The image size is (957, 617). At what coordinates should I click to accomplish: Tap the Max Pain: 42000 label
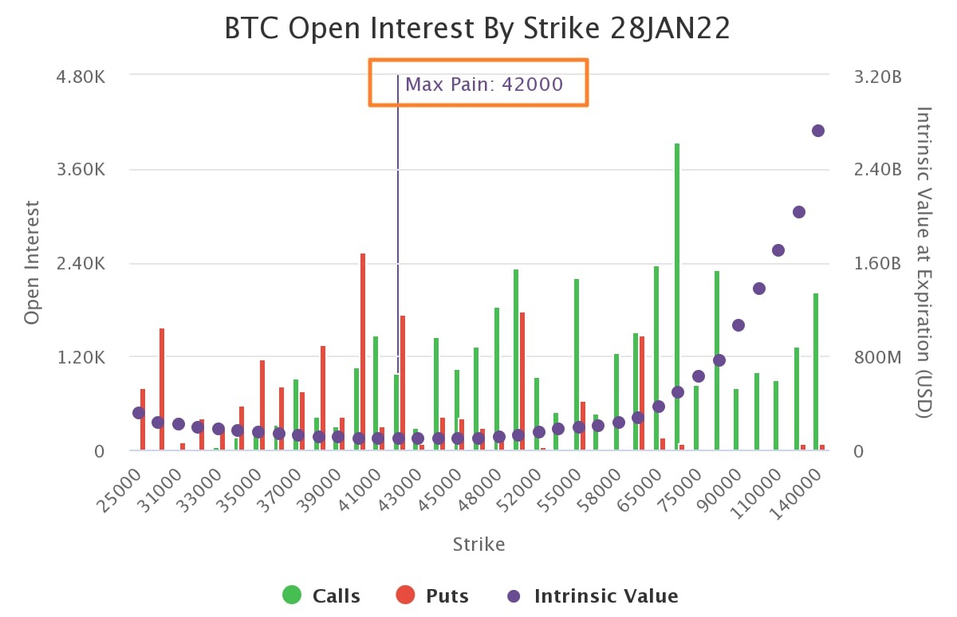click(x=484, y=84)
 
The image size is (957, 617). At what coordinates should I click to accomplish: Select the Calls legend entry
click(x=321, y=595)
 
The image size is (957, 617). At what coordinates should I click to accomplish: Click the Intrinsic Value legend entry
click(x=593, y=595)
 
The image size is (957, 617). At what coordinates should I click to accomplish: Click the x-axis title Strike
click(x=478, y=544)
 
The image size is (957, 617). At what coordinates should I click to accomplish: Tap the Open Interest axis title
click(x=32, y=263)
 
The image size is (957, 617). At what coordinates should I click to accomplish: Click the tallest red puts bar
click(x=362, y=352)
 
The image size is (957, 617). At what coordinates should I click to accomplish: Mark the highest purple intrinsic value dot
click(x=818, y=131)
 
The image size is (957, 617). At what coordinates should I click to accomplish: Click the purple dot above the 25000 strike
click(x=139, y=413)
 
